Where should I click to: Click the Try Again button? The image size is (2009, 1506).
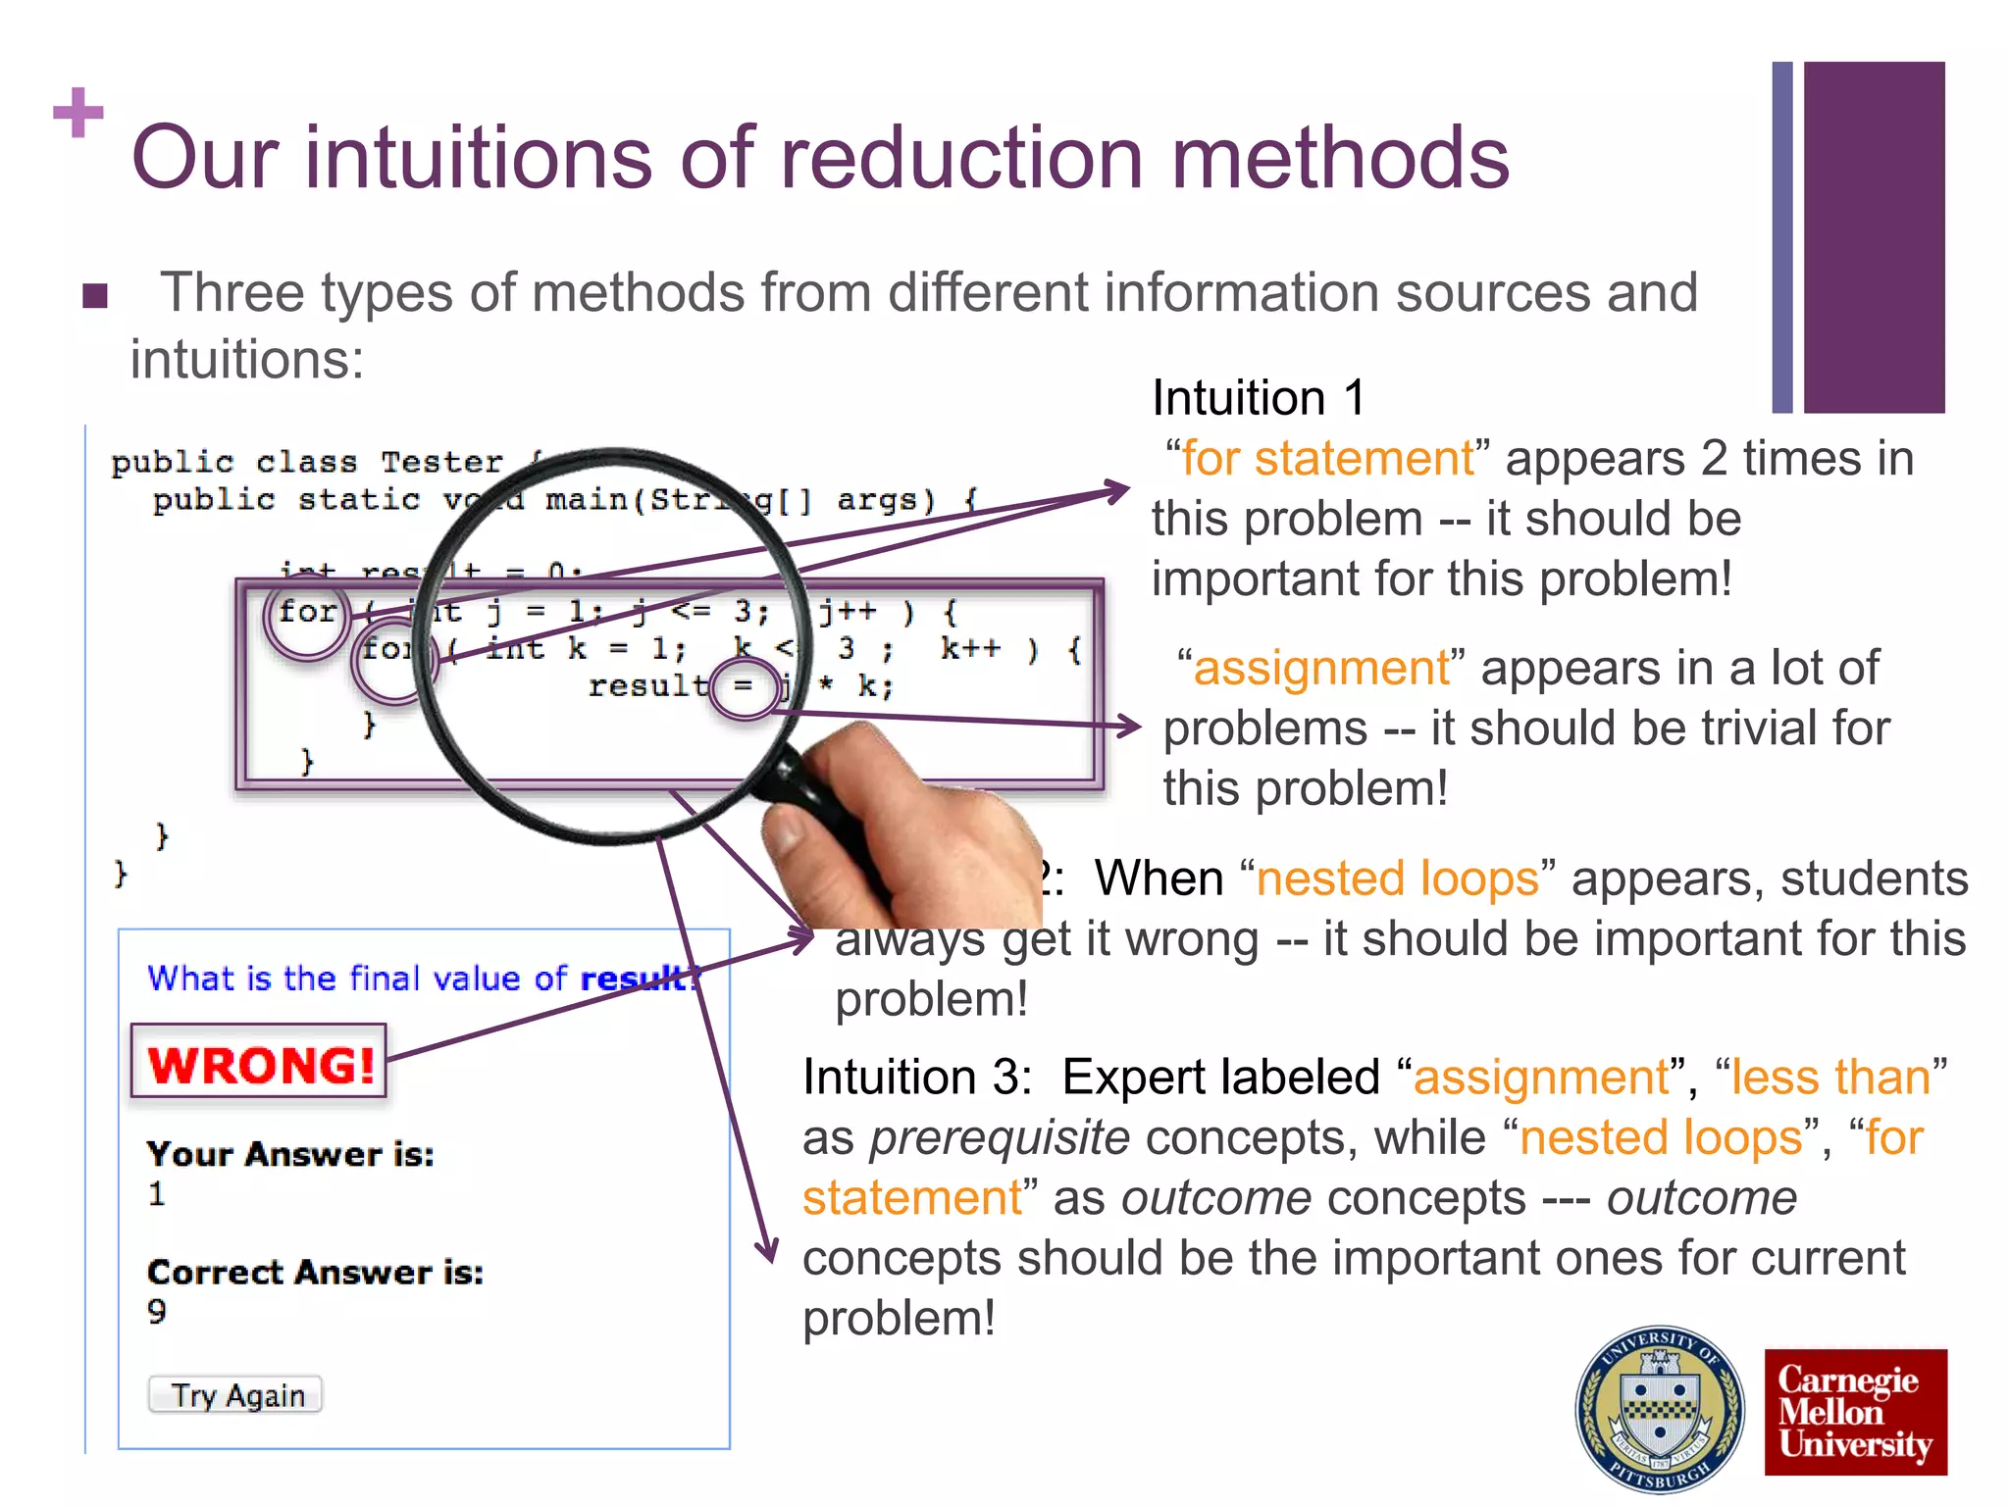point(235,1394)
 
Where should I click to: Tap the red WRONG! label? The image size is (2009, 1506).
point(260,1063)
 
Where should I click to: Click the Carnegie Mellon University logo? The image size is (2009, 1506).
point(1855,1412)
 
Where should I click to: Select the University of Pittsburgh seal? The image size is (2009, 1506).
point(1660,1410)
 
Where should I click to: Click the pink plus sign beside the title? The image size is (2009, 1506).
point(78,113)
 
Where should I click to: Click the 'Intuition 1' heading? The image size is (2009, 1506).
point(1258,398)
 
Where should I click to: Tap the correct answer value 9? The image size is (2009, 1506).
point(157,1312)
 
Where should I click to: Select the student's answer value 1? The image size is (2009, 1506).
point(157,1194)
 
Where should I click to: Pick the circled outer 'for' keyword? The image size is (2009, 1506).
point(307,613)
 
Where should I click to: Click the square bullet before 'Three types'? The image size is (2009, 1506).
point(95,295)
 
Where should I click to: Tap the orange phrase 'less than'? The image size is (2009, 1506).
point(1830,1077)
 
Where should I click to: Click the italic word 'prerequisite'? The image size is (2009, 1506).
point(1000,1137)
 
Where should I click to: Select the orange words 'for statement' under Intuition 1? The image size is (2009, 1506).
point(1327,459)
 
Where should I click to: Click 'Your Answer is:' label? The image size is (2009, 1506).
point(290,1154)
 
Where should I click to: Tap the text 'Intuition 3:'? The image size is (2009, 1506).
point(916,1077)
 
